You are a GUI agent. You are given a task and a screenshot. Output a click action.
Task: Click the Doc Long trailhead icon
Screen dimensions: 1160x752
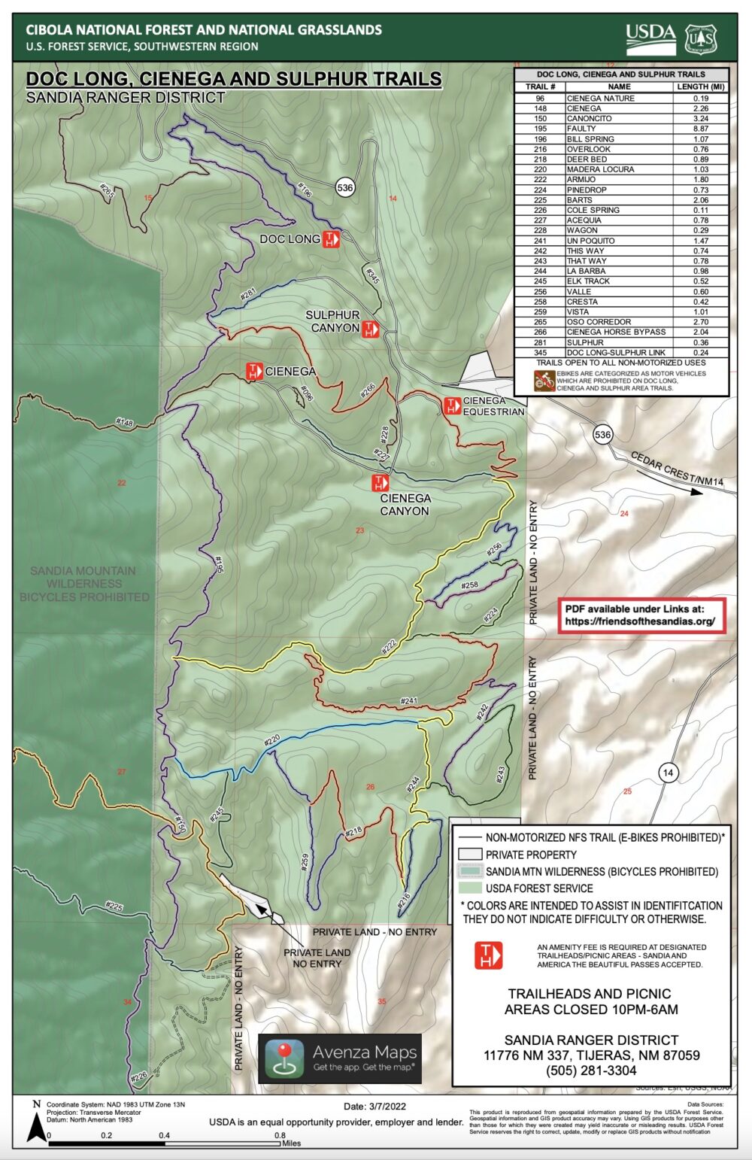coord(332,239)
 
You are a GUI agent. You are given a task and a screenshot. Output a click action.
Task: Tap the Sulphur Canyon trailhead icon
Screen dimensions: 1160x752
coord(370,329)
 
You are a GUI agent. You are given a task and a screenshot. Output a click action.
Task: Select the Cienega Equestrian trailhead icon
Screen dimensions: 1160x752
coord(452,406)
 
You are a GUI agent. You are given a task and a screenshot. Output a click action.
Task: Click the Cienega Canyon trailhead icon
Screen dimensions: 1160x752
coord(381,482)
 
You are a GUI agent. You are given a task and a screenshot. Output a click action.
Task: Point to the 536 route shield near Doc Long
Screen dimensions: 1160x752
coord(345,188)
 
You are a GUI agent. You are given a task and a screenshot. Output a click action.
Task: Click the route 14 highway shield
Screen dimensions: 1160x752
coord(668,773)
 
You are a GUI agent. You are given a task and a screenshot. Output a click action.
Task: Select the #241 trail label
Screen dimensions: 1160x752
coord(409,701)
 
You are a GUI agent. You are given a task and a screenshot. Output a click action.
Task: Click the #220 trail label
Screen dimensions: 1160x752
coord(271,740)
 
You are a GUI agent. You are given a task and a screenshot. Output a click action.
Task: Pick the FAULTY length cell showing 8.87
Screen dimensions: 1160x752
coord(700,129)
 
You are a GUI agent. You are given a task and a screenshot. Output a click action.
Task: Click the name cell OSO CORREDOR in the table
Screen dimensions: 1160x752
coord(599,322)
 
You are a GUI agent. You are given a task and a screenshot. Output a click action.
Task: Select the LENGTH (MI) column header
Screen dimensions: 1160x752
coord(700,87)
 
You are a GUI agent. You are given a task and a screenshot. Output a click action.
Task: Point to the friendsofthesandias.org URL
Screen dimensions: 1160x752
coord(640,622)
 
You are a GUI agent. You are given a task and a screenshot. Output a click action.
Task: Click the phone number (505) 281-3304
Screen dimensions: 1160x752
coord(591,1070)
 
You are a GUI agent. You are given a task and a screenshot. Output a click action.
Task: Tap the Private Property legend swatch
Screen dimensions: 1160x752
coord(470,855)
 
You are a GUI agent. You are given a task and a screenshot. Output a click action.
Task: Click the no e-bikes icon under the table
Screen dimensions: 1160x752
coord(544,381)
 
